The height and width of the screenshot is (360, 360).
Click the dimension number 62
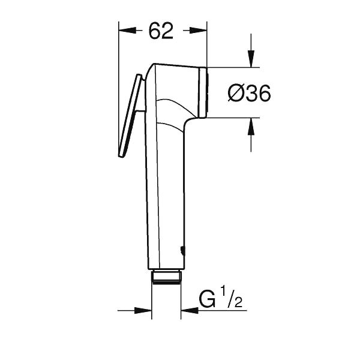[x=160, y=32]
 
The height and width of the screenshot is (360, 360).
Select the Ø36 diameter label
[x=249, y=93]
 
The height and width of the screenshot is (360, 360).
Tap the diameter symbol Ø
[x=236, y=93]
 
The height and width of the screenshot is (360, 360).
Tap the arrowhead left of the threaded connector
[x=143, y=310]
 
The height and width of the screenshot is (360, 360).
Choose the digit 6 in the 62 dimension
[x=153, y=32]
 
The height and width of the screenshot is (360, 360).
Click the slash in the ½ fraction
[x=232, y=299]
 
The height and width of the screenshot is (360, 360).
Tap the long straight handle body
[x=164, y=192]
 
